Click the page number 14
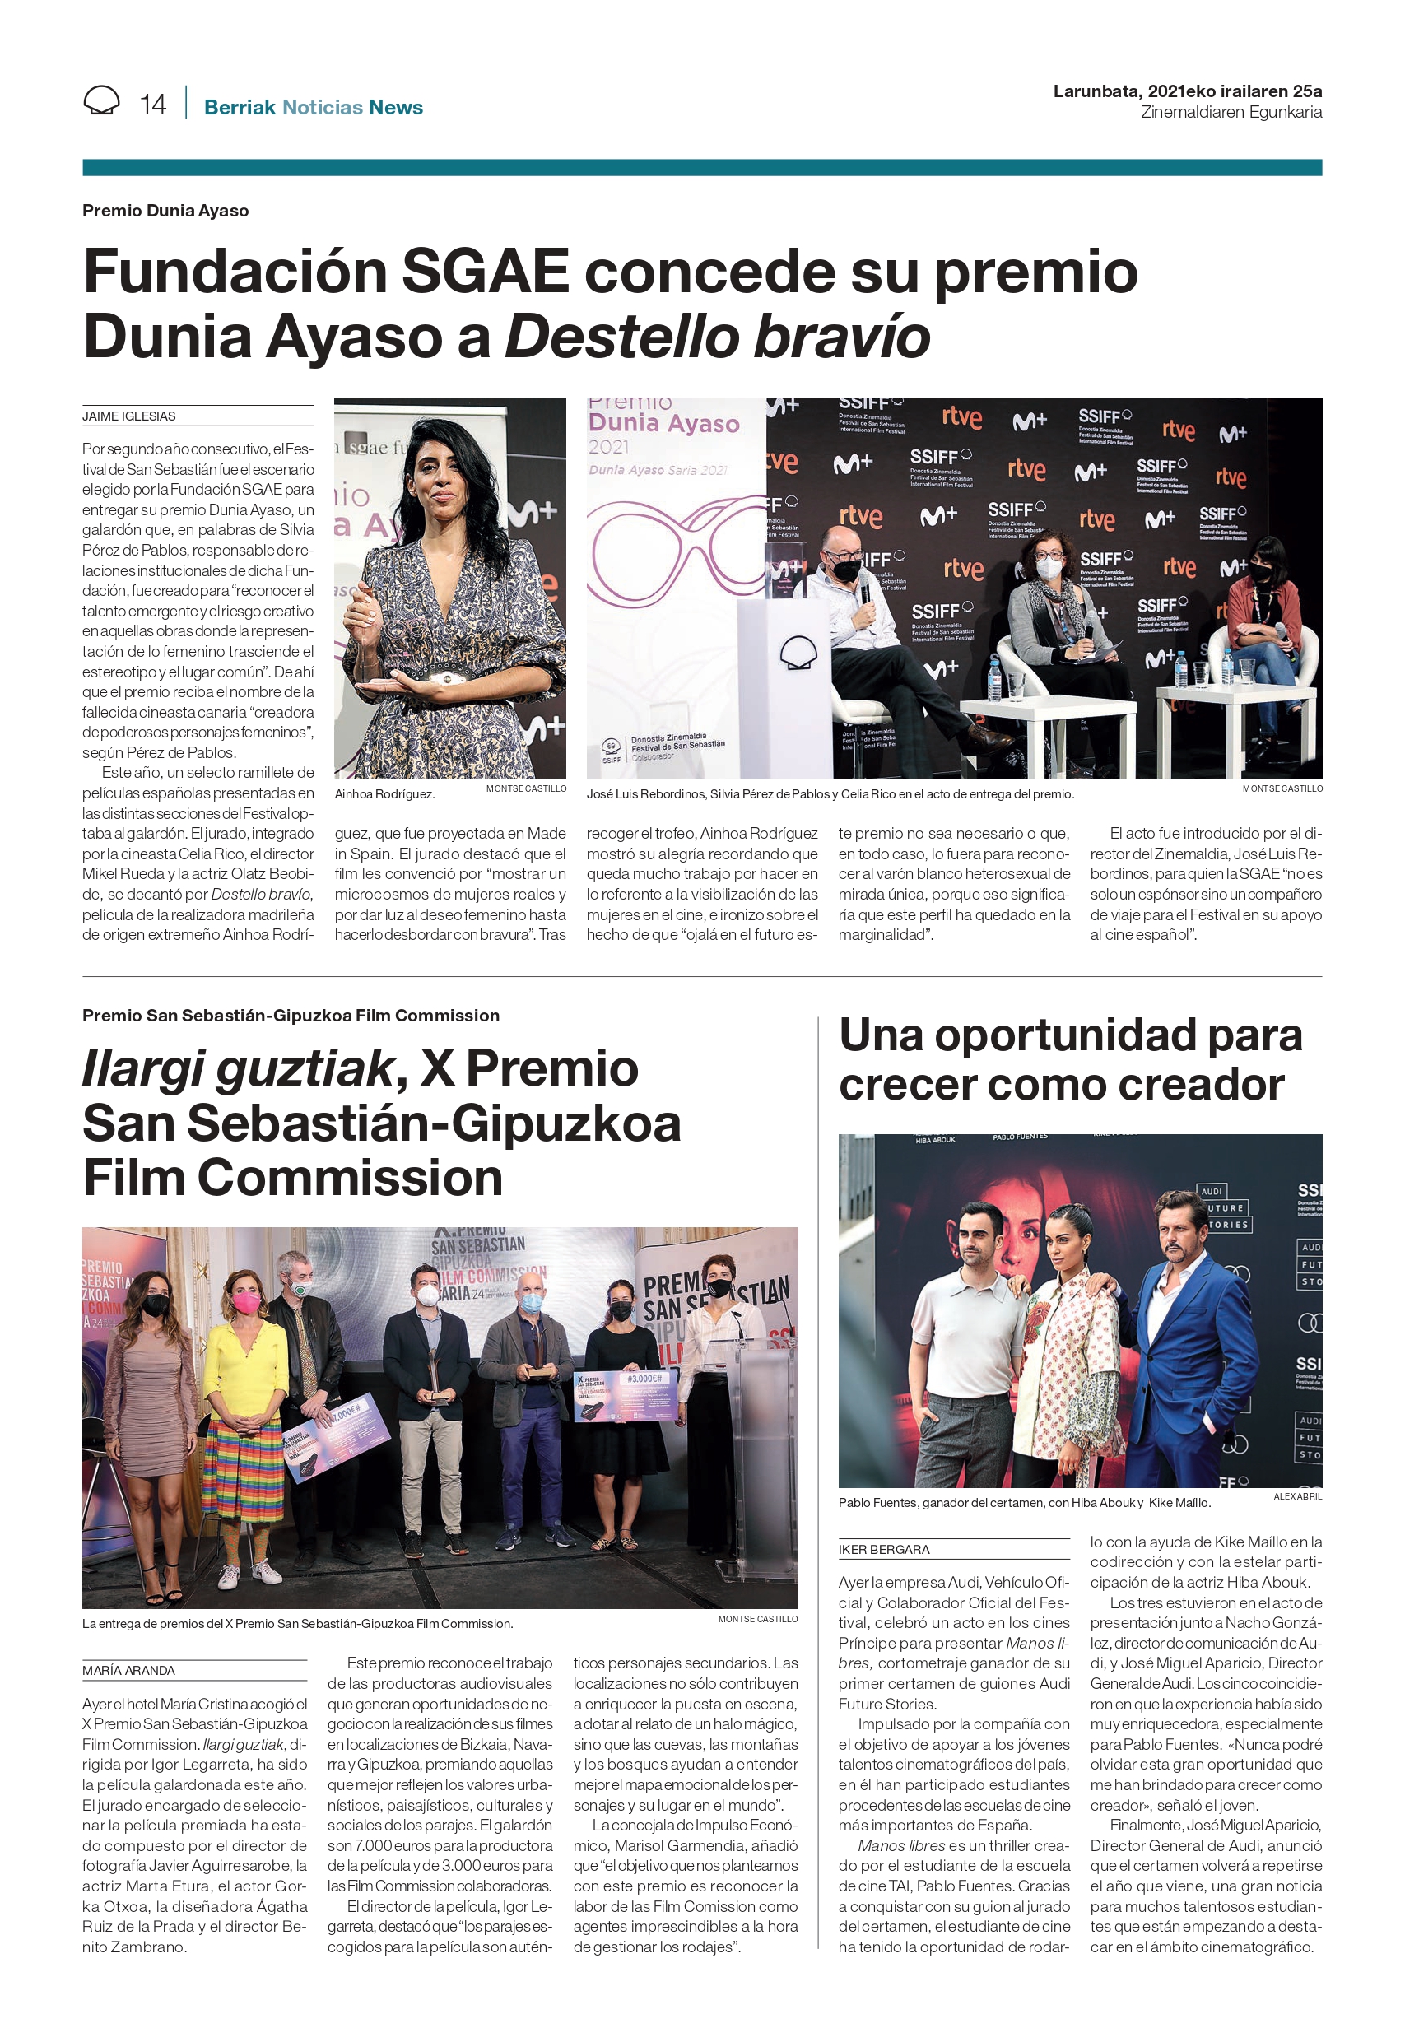(152, 105)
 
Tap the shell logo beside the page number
(101, 101)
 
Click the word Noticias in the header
(322, 107)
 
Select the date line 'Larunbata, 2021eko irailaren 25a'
(1187, 91)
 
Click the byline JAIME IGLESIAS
(129, 416)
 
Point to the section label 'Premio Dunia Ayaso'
(165, 211)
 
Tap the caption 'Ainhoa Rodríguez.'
(384, 794)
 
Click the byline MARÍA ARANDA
(128, 1671)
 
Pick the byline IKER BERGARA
(884, 1550)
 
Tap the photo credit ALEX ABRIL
(1296, 1496)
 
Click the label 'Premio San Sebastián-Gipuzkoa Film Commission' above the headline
(291, 1016)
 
